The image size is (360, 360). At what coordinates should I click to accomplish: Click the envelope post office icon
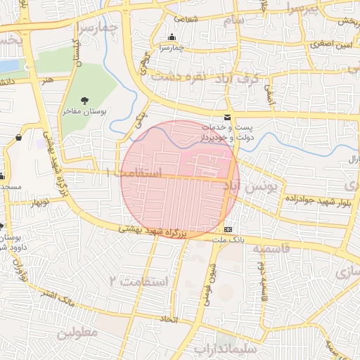pyautogui.click(x=226, y=116)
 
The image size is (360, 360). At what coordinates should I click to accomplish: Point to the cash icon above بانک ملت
pyautogui.click(x=228, y=230)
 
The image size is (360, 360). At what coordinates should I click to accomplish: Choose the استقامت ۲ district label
pyautogui.click(x=140, y=282)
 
